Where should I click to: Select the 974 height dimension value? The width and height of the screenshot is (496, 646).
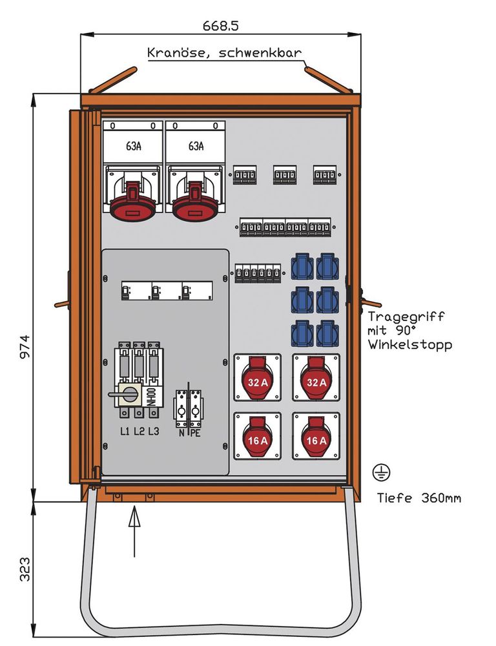pos(24,349)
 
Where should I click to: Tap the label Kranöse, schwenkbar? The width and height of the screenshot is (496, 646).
pos(224,52)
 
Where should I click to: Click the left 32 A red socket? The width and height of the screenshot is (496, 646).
pos(257,380)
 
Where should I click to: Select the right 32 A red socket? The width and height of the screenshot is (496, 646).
pos(316,380)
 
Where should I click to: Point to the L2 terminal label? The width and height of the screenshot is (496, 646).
pos(139,432)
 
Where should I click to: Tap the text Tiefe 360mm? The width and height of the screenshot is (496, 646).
pos(418,498)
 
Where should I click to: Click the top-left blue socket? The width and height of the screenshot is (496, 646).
pos(302,266)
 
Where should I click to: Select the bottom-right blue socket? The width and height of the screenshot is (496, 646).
pos(327,333)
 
